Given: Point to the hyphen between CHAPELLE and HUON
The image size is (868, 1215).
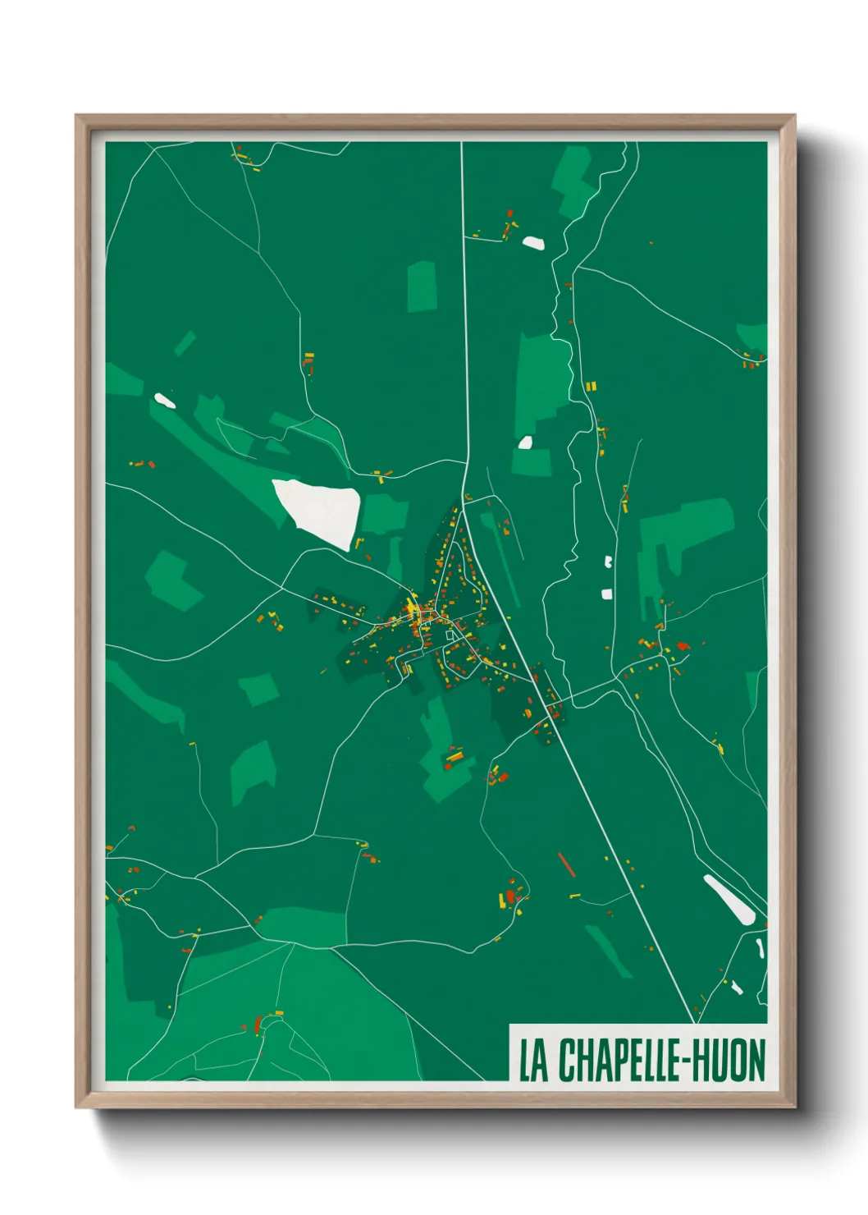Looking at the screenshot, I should tap(687, 1061).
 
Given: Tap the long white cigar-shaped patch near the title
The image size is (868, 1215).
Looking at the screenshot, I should tap(729, 899).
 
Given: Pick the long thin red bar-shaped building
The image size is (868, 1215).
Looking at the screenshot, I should tap(567, 864).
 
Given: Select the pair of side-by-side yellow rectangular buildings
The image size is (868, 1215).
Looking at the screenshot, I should tap(591, 386).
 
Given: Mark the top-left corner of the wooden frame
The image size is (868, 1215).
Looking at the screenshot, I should tap(76, 117).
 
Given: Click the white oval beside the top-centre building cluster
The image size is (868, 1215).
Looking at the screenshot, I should tap(533, 242).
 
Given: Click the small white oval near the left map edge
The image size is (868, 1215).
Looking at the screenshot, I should tap(165, 401).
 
